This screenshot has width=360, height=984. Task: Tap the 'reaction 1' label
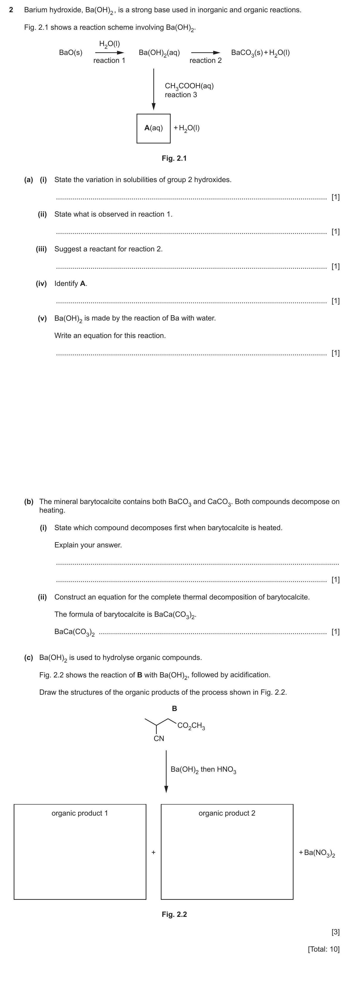point(109,60)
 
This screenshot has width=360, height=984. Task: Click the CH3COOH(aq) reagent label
point(189,86)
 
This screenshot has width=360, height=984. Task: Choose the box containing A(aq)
point(153,128)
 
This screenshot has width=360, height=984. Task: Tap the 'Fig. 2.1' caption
point(174,158)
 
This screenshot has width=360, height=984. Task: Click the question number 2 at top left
point(11,10)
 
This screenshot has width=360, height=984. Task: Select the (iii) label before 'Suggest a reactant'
point(41,249)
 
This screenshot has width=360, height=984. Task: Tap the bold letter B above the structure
point(174,709)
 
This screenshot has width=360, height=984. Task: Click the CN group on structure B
point(159,738)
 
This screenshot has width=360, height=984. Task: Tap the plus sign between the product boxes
point(153,852)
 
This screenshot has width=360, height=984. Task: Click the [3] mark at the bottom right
point(335,932)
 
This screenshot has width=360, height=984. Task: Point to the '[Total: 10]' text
point(323,949)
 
